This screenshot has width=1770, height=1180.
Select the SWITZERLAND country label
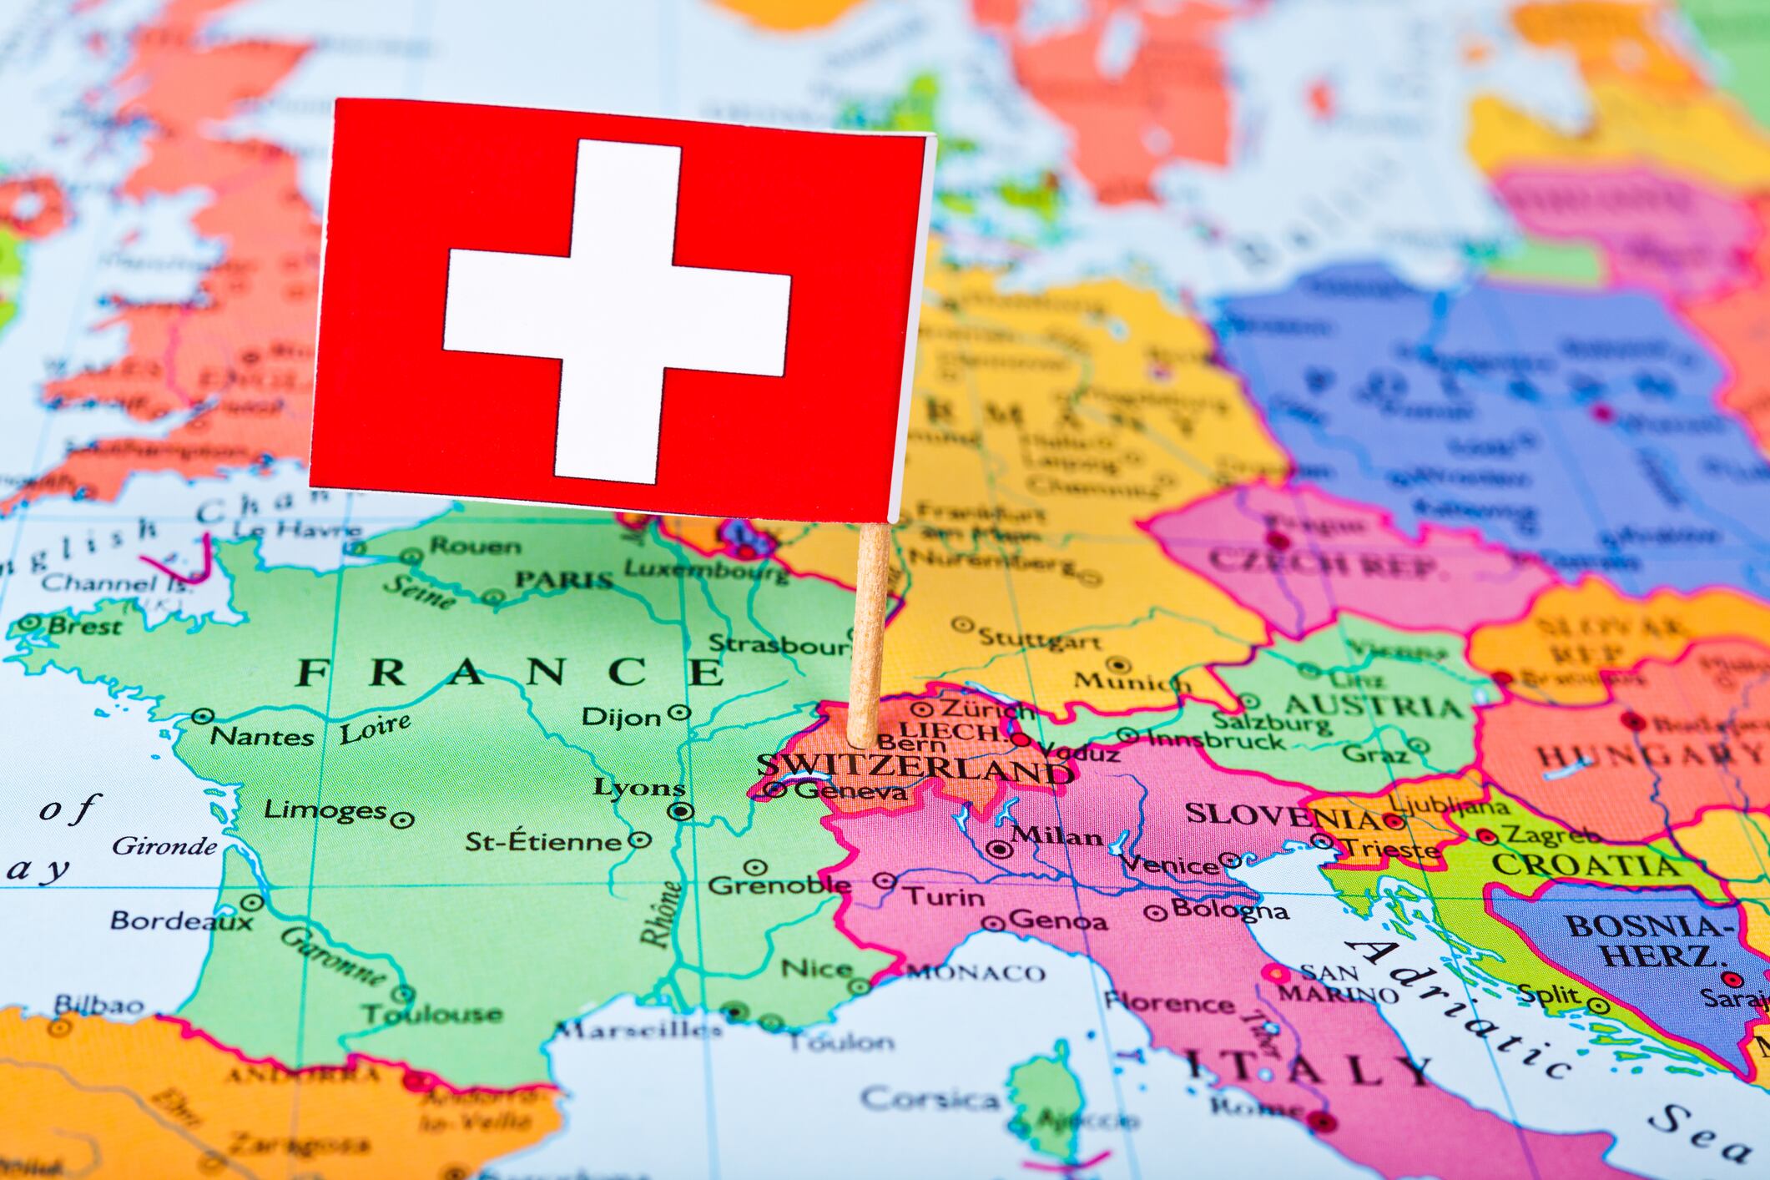coord(914,768)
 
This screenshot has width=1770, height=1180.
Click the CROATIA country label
coord(1586,865)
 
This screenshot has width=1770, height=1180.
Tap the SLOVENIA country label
coord(1281,814)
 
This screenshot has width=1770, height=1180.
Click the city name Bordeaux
coord(181,920)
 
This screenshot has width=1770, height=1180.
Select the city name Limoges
coord(325,809)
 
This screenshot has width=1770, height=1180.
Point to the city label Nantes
coord(261,736)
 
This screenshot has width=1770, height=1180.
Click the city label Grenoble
coord(779,885)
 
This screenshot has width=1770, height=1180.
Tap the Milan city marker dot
coord(999,850)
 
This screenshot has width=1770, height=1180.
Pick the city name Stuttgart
coord(1040,640)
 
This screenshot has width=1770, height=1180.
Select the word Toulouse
coord(432,1015)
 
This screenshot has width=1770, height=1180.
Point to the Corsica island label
coord(930,1099)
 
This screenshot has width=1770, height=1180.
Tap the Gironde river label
coord(164,847)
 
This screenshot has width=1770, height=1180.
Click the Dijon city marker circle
coord(681,713)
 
